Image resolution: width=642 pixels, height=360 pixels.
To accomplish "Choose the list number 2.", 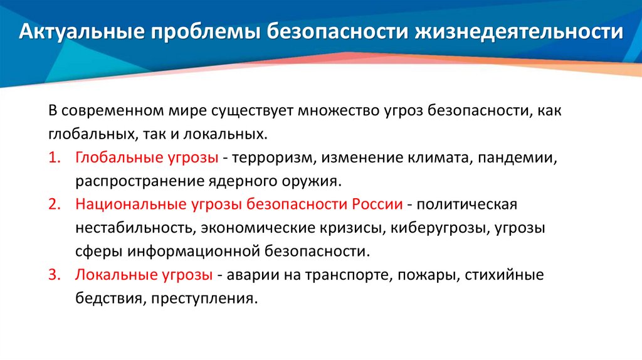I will [x=53, y=204].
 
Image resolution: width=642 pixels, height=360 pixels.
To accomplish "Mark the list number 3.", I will [x=53, y=275].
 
